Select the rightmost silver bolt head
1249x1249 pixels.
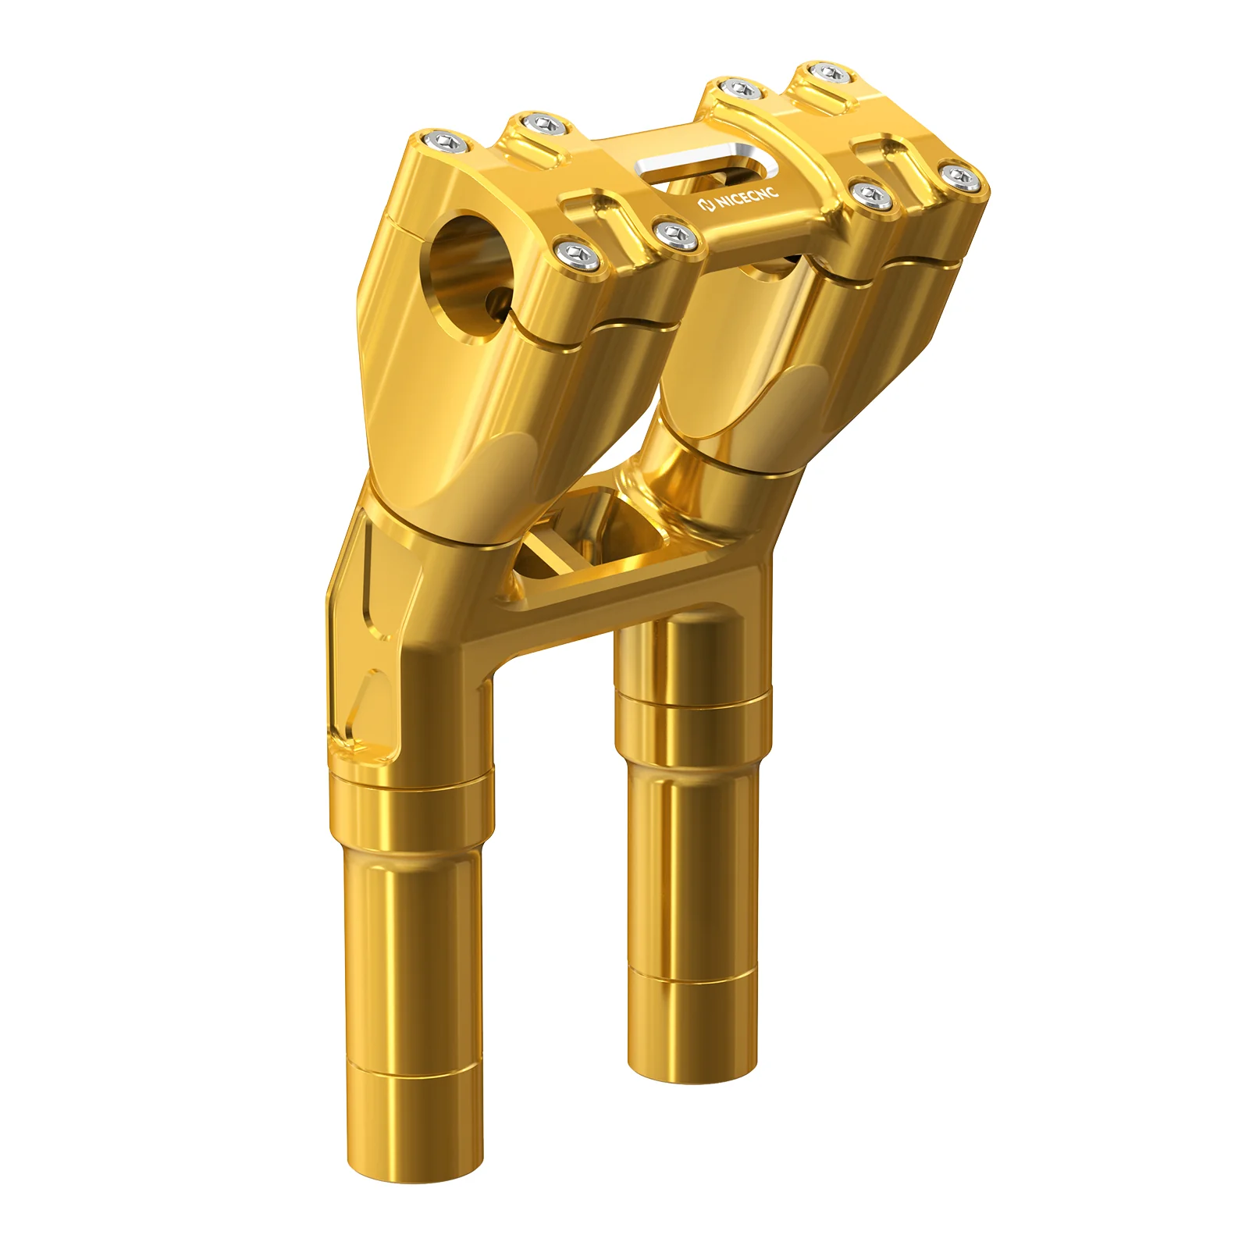962,177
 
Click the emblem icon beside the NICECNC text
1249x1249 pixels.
706,205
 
